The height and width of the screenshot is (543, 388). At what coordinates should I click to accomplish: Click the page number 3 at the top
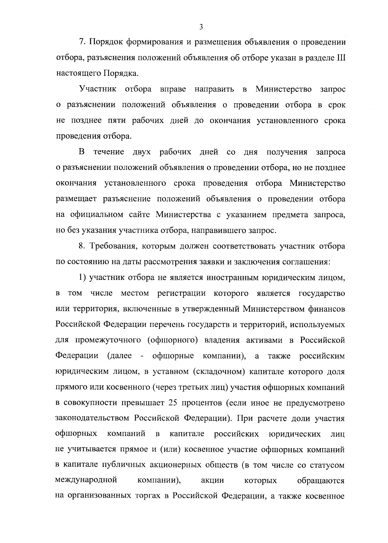tap(201, 27)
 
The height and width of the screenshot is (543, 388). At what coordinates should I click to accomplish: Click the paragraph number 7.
tap(82, 42)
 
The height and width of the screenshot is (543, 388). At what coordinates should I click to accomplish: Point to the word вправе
tap(173, 89)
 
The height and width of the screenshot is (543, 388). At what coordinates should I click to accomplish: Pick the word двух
tap(141, 152)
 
